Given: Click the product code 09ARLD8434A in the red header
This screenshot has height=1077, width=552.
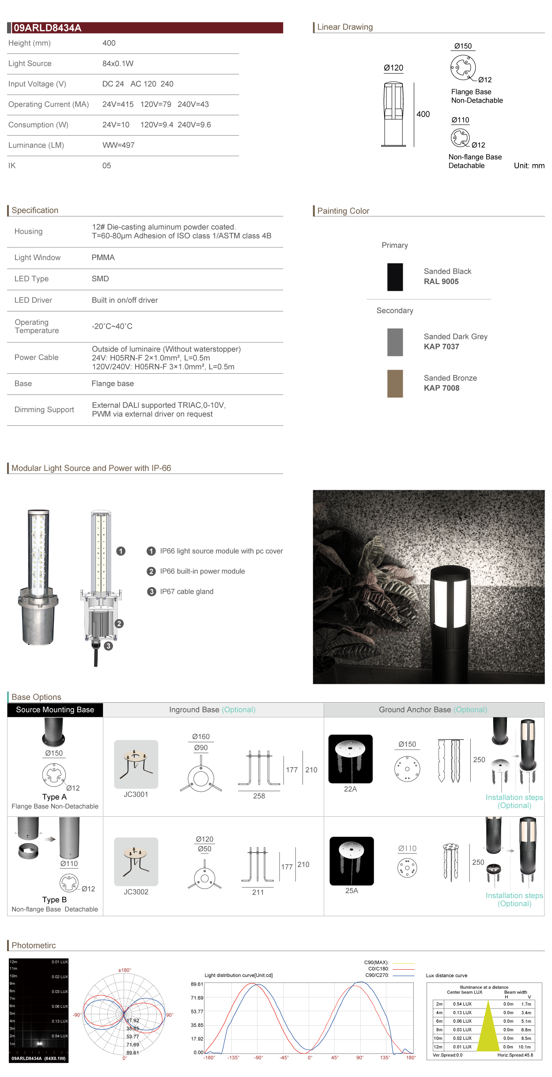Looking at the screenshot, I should [47, 28].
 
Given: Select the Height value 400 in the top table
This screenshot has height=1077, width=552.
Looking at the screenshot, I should [109, 43].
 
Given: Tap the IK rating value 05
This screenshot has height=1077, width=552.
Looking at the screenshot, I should [106, 166].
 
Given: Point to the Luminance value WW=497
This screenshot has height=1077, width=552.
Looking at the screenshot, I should [118, 145].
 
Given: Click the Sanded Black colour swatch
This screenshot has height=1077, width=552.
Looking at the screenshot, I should [395, 277].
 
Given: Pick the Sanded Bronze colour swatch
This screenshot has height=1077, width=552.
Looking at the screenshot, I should [395, 383].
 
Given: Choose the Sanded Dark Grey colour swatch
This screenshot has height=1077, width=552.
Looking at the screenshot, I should [395, 342].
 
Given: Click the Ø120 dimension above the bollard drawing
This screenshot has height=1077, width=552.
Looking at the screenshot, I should [393, 68].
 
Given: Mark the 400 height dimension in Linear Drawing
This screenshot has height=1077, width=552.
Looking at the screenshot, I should [423, 114].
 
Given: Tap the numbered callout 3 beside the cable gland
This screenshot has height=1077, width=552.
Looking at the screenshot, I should [108, 646].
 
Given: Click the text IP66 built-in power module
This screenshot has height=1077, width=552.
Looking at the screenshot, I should [202, 571].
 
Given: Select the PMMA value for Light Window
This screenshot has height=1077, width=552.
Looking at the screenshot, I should [103, 258].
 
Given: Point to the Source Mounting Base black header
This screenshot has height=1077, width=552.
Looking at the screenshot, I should [55, 710].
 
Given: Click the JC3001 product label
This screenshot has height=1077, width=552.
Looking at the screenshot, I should [136, 794].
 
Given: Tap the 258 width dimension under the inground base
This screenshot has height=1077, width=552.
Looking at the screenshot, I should [259, 796].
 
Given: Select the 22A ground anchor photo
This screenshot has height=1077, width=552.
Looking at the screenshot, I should [350, 759].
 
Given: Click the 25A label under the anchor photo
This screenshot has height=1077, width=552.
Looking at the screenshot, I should [352, 891].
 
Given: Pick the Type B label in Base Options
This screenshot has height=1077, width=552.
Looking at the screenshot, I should [54, 900].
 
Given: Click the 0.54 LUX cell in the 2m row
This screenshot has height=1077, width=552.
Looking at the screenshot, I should [462, 1004].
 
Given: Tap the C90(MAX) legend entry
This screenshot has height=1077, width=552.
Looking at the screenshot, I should [376, 962].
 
